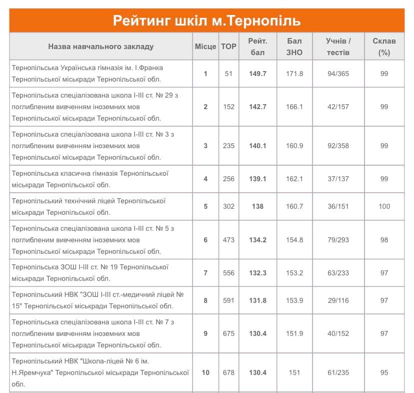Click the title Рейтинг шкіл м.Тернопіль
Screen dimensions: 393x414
[206, 21]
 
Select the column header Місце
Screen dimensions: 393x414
[205, 46]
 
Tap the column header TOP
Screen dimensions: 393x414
[228, 46]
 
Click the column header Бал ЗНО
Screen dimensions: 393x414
[294, 46]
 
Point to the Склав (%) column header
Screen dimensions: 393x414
[384, 46]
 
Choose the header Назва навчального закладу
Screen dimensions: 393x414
[101, 46]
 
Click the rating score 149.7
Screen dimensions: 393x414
[258, 74]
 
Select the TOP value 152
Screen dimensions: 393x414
[228, 107]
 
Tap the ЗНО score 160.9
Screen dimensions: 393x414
[294, 146]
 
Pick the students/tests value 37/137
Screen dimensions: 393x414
[338, 179]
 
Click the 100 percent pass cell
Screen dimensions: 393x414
[384, 206]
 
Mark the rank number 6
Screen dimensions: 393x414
[205, 240]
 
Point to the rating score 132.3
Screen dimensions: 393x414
[258, 273]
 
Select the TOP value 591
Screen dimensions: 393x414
[228, 300]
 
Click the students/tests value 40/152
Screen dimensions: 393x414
[338, 333]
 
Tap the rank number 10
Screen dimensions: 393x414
[205, 372]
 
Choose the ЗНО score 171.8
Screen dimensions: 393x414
[294, 74]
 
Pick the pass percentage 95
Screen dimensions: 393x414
[384, 372]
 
